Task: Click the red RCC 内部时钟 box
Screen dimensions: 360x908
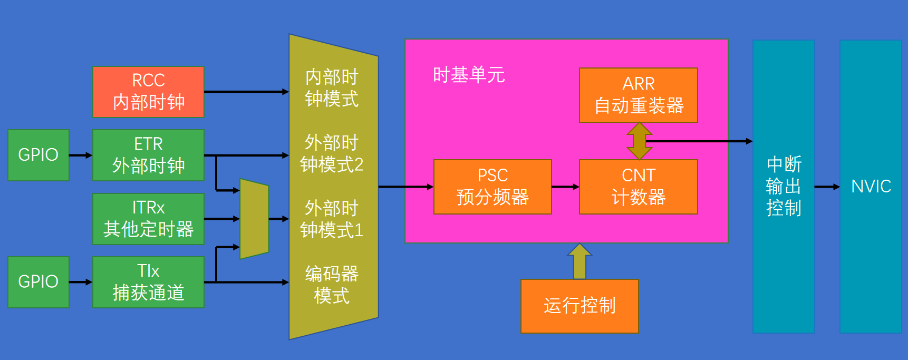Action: click(148, 92)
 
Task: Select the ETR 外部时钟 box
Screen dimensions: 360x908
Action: click(148, 155)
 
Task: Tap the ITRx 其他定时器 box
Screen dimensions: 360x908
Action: click(148, 219)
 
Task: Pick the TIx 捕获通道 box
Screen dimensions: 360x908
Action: click(148, 282)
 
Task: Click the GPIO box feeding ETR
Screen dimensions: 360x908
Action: click(38, 155)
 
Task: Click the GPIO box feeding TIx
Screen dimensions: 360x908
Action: click(38, 282)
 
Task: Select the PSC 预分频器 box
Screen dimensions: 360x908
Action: click(492, 187)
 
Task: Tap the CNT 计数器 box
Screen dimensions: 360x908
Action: click(638, 187)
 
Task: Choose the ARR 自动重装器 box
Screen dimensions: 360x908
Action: click(638, 95)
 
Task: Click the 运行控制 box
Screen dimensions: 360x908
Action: click(579, 306)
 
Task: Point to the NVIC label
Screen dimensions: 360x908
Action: click(871, 187)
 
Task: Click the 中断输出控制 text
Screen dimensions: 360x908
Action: click(784, 187)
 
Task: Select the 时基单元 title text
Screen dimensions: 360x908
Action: click(469, 75)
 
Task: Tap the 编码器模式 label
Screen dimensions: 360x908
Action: click(332, 285)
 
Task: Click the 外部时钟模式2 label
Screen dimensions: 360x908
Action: click(332, 153)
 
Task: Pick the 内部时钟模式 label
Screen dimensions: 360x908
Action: click(332, 88)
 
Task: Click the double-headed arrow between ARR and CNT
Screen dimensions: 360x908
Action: click(639, 141)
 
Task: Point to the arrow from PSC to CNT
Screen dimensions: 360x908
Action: click(565, 187)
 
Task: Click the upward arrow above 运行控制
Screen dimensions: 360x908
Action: click(579, 261)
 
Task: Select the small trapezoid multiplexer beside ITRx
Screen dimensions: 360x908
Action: click(254, 219)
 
